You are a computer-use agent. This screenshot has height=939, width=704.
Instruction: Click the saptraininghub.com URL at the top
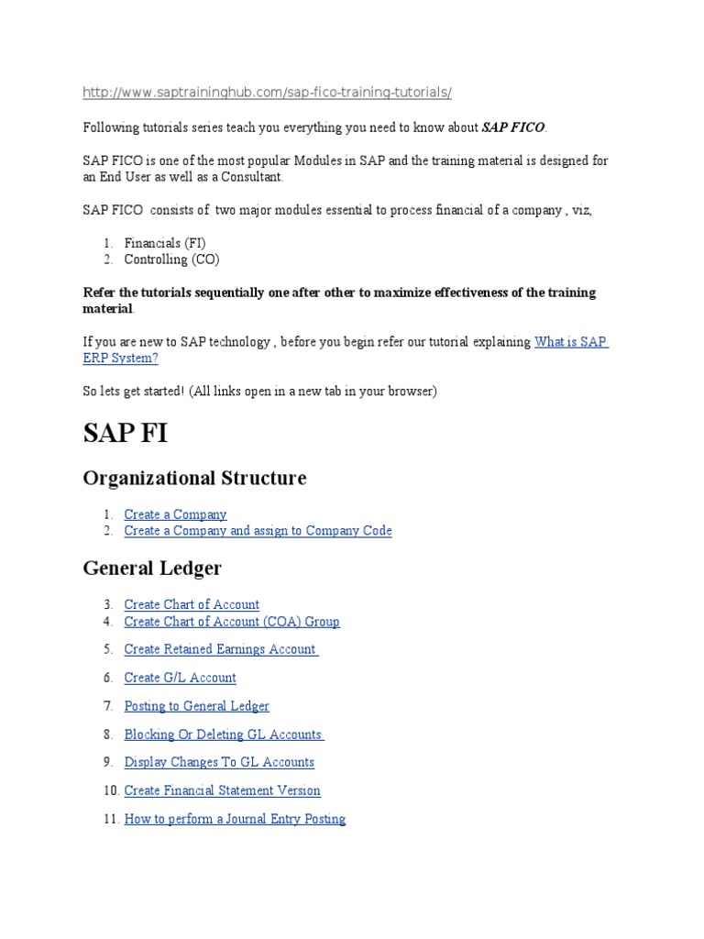[267, 93]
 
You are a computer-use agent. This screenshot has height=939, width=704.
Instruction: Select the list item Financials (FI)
[165, 243]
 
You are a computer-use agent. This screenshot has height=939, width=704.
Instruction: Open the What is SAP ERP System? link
[570, 342]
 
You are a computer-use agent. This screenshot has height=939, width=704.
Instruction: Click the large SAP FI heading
[126, 434]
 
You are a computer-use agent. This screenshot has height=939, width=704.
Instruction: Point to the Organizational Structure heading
[194, 478]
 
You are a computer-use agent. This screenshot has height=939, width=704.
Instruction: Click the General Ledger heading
[152, 569]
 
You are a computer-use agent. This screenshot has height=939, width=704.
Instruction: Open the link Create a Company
[175, 514]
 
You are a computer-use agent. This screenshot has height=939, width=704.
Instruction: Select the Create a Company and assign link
[258, 531]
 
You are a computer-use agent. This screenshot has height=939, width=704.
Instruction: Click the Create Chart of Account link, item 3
[192, 604]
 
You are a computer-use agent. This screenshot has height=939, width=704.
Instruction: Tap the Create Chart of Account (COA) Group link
[232, 622]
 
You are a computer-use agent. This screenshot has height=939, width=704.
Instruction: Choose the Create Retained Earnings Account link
[220, 649]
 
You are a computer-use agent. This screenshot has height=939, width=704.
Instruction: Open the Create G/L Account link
[180, 678]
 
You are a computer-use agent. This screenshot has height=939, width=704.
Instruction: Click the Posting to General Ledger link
[196, 706]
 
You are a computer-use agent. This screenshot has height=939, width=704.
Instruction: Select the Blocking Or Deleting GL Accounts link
[223, 735]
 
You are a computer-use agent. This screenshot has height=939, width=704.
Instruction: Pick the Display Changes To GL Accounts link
[219, 762]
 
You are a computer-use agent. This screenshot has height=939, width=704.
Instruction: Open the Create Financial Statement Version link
[222, 790]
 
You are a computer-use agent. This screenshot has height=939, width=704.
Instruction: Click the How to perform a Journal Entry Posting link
[235, 819]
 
